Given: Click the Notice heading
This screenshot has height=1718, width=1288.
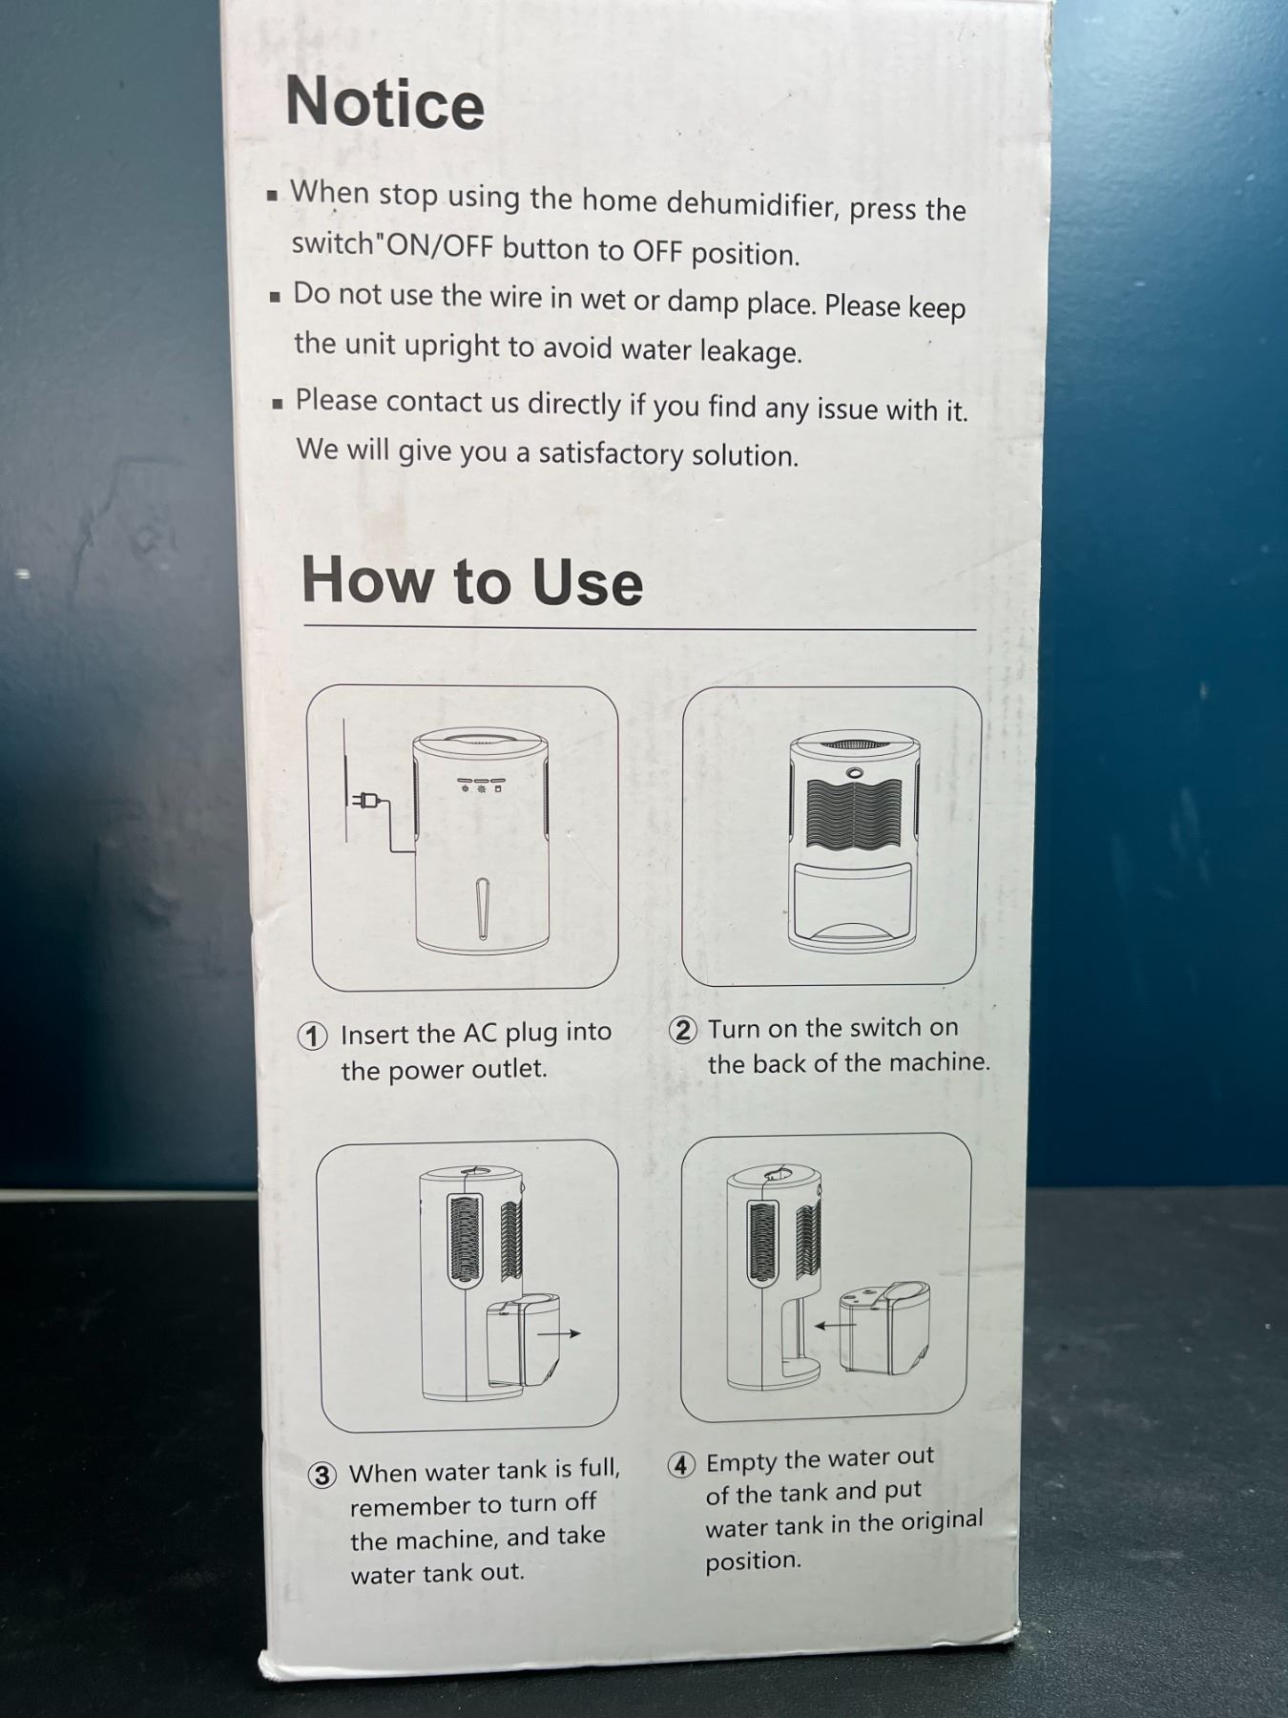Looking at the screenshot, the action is coord(385,102).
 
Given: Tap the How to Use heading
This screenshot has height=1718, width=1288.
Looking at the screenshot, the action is coord(472,580).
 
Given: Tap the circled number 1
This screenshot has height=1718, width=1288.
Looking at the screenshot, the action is coord(313,1036).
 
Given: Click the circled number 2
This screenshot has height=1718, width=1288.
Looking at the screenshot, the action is coord(683,1030).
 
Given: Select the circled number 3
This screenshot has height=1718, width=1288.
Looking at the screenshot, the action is coord(322,1475).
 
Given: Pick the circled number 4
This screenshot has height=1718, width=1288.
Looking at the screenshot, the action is coord(680,1464).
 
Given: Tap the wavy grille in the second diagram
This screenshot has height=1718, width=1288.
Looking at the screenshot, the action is coord(853,816).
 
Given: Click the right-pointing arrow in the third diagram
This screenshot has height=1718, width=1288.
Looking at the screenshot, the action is coord(559,1333).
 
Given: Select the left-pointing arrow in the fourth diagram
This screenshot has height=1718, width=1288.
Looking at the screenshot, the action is coord(835,1326).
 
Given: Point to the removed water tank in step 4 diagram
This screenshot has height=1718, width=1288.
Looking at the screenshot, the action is coord(884,1329).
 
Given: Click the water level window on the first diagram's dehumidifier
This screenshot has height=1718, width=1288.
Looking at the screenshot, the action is coord(483,909).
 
